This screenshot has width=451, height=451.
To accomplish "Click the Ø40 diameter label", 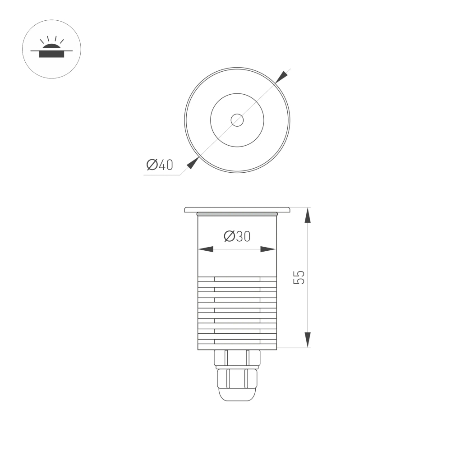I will coord(160,165).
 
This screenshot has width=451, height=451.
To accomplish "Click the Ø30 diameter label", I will coord(237,236).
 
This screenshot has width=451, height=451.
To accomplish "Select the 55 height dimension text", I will coord(299,277).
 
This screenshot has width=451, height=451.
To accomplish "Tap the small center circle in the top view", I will coord(237,120).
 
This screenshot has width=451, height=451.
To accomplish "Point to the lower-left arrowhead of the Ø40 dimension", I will coord(193,163).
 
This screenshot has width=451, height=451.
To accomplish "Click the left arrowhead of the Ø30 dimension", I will coord(206,249).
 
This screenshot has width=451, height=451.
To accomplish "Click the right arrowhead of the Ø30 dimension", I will coord(268,249).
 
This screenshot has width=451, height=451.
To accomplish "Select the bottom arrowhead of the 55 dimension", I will coord(308,340).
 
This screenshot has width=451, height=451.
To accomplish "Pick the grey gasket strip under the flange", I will coord(237,212).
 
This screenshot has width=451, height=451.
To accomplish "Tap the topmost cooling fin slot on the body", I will coord(237,279).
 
